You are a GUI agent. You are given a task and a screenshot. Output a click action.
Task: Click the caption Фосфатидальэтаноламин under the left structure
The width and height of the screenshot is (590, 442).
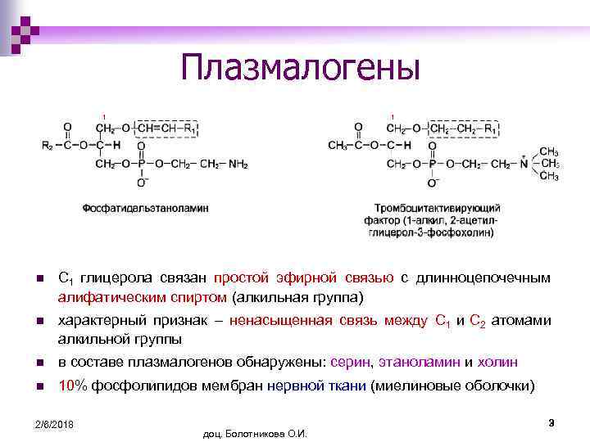pyautogui.click(x=145, y=209)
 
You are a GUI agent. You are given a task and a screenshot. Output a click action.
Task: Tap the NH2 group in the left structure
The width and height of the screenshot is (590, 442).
pyautogui.click(x=238, y=164)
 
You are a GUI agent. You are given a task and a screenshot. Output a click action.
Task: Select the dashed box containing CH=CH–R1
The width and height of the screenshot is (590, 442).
pyautogui.click(x=166, y=129)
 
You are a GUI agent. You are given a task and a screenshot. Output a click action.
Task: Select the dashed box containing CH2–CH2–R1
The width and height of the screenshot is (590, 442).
pyautogui.click(x=463, y=129)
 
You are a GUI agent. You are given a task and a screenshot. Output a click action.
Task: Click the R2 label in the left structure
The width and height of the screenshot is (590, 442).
pyautogui.click(x=48, y=146)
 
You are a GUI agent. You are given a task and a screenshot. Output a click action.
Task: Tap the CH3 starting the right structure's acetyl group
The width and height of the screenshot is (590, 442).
pyautogui.click(x=338, y=146)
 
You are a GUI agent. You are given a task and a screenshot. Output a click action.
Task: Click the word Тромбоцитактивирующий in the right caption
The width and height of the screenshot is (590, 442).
pyautogui.click(x=437, y=209)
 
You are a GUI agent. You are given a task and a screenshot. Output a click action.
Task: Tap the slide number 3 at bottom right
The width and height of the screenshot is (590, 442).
pyautogui.click(x=551, y=422)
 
